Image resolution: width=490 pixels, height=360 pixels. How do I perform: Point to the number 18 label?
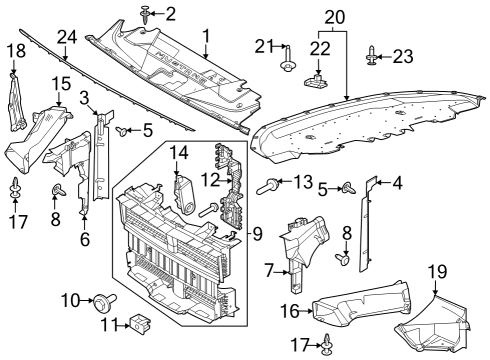point(17,50)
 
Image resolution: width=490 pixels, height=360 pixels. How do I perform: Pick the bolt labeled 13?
point(270,184)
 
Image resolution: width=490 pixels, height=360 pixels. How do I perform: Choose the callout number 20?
point(333,16)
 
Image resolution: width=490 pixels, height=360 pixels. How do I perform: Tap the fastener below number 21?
point(287,68)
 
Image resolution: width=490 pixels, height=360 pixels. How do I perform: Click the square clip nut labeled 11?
point(141,324)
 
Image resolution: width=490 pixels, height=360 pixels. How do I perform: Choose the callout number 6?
point(86,239)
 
